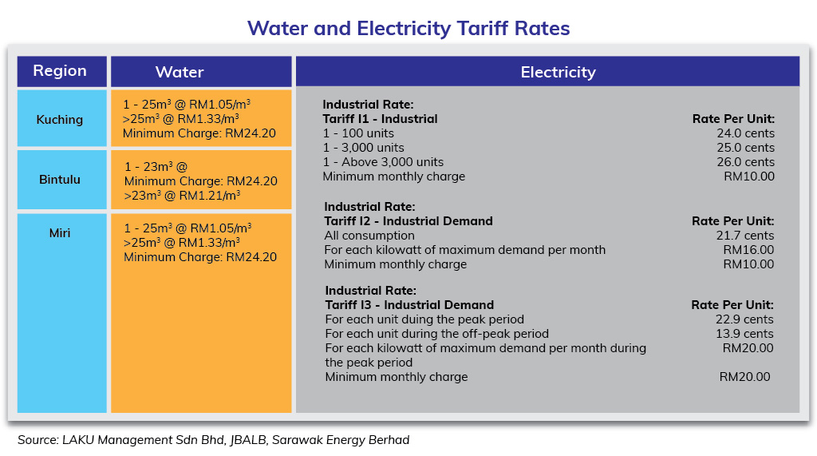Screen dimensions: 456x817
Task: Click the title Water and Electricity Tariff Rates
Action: [408, 29]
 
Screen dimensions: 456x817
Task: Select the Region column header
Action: [60, 71]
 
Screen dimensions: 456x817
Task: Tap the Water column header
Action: [180, 72]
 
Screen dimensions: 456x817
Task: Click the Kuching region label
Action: [60, 120]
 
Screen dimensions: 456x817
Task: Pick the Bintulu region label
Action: [60, 180]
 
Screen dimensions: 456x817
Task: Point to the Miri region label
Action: [60, 233]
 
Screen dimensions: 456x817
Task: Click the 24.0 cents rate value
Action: [745, 133]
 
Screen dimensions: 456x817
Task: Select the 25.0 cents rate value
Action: [745, 148]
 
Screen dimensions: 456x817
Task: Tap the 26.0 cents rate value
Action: [745, 162]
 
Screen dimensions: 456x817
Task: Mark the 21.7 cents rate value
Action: [745, 236]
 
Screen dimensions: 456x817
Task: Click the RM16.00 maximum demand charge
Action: [748, 250]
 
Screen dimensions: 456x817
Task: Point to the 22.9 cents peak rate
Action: [745, 319]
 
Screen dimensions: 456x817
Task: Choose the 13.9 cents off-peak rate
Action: [745, 334]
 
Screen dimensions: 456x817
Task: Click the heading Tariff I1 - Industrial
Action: [380, 119]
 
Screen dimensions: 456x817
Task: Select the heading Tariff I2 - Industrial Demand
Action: [408, 221]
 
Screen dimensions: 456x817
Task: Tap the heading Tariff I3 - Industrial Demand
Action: [409, 305]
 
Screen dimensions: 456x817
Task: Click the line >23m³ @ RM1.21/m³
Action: [183, 195]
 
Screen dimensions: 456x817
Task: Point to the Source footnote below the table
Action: [213, 440]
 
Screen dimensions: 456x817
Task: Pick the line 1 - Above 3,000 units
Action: [383, 162]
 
